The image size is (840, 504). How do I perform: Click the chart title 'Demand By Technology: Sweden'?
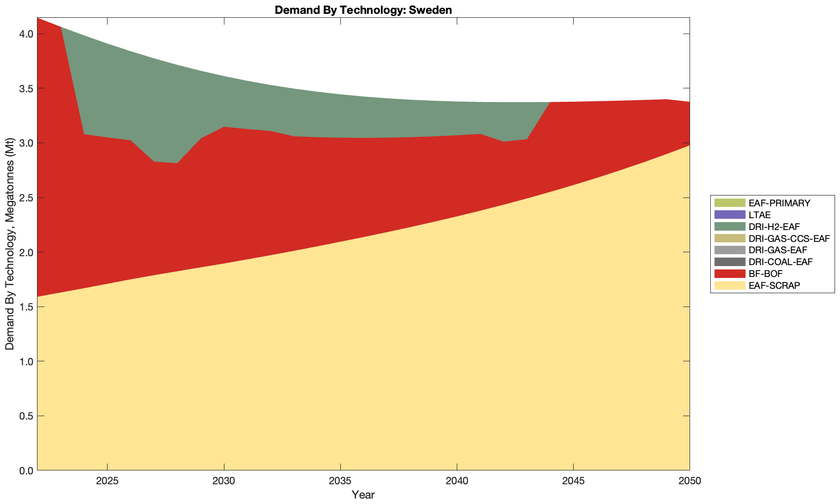[x=363, y=9]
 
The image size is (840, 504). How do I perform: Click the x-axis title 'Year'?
[x=363, y=495]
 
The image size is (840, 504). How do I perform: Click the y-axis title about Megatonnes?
[x=9, y=244]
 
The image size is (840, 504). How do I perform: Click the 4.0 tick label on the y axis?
[x=26, y=34]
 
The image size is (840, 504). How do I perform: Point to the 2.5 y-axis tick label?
[x=26, y=198]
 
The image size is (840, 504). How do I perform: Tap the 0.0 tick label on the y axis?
[x=26, y=470]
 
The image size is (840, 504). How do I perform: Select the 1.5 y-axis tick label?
[x=26, y=307]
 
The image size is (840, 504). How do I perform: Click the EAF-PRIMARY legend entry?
[x=779, y=203]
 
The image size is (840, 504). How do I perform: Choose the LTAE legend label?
[x=759, y=215]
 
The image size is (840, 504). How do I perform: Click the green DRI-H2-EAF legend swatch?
[x=729, y=227]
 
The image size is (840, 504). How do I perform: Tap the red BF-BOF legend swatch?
[x=729, y=273]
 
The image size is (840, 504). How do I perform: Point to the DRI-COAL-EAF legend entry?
[x=780, y=262]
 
